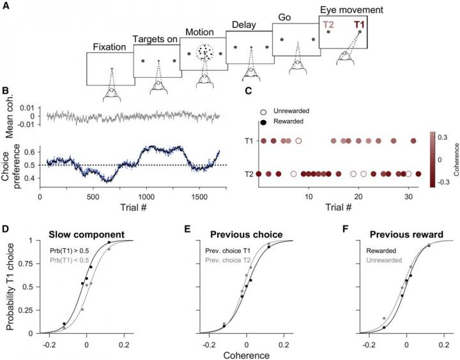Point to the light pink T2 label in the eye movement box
[328, 24]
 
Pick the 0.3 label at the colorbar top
[443, 135]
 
